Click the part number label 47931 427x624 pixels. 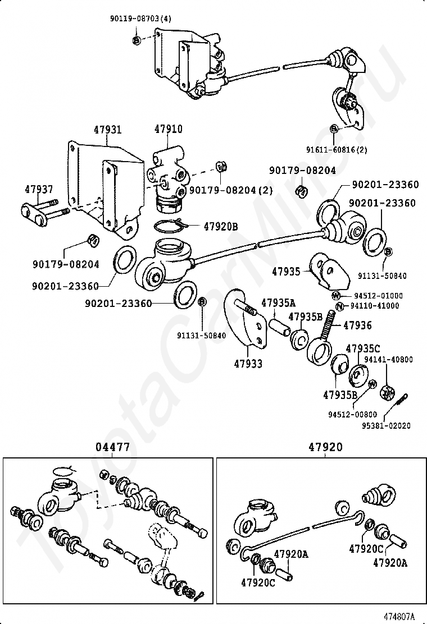107,130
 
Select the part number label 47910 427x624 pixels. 168,130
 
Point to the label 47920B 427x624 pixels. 221,227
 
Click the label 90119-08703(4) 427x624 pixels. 140,19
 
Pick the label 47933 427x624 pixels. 249,364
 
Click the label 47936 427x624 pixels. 357,325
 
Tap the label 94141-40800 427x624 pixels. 388,360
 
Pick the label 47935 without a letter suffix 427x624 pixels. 287,272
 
